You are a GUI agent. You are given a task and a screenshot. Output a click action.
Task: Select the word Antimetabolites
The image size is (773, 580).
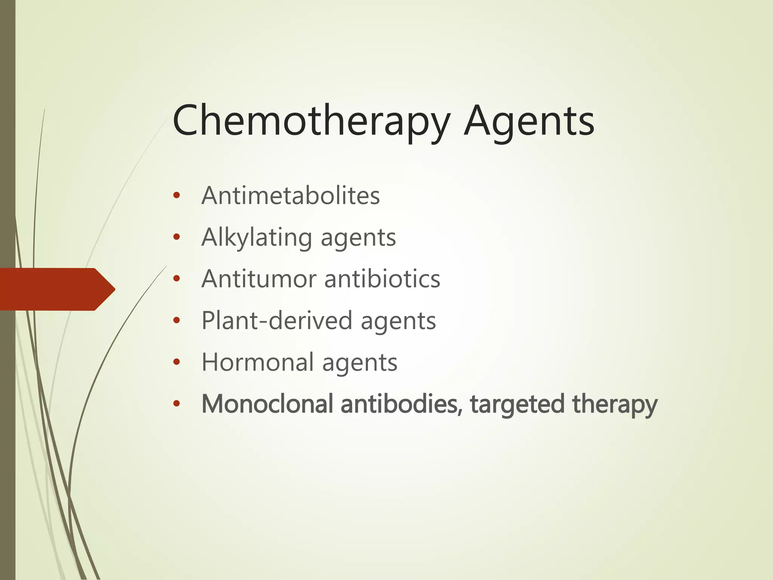pyautogui.click(x=291, y=196)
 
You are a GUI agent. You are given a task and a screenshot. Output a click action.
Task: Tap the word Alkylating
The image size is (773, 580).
pyautogui.click(x=257, y=238)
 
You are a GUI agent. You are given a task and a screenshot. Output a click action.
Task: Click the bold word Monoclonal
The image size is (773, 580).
pyautogui.click(x=267, y=404)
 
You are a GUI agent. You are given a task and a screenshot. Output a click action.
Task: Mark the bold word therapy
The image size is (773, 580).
pyautogui.click(x=615, y=404)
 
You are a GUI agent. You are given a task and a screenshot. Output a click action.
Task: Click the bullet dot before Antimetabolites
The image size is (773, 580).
pyautogui.click(x=176, y=196)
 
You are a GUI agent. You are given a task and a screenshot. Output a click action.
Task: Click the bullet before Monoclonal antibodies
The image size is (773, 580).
pyautogui.click(x=176, y=404)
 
